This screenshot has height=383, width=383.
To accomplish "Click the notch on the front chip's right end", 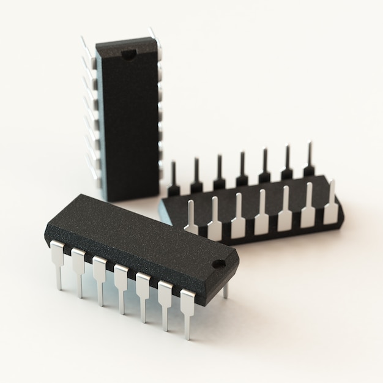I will pos(218,264).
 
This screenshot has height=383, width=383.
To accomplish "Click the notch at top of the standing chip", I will pos(128,55).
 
